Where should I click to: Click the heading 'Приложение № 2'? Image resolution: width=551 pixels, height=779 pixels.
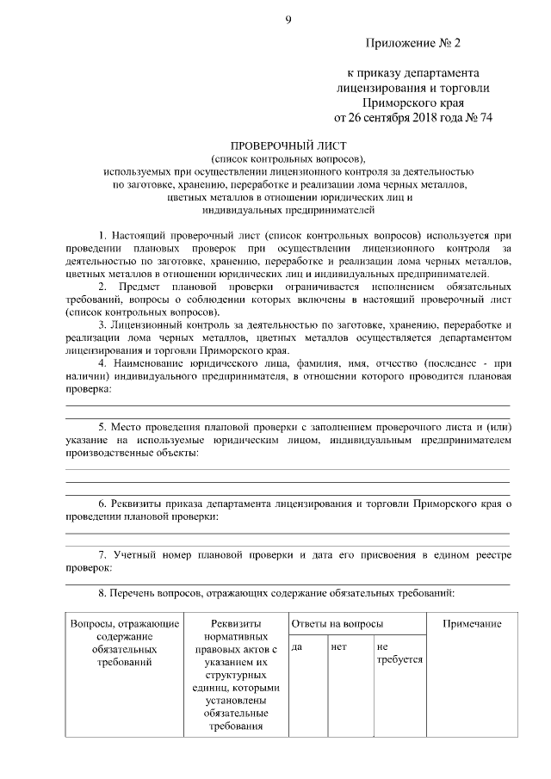[419, 42]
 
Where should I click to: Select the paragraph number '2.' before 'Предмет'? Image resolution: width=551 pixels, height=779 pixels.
[103, 285]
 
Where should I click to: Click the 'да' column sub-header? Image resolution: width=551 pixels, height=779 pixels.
[297, 646]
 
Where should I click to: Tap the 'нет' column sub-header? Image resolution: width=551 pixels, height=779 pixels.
[338, 646]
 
